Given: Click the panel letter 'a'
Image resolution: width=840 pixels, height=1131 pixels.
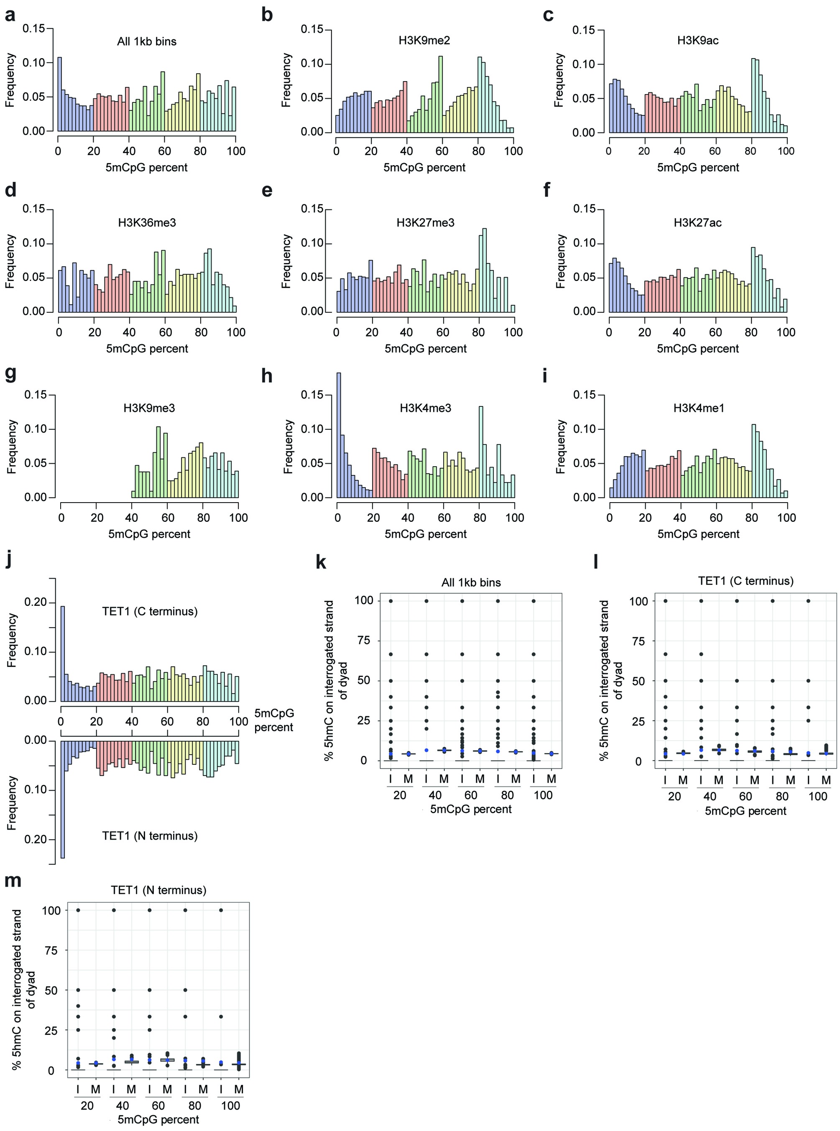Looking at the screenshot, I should tap(10, 15).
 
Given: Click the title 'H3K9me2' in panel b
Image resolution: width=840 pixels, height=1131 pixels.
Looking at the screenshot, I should tap(424, 41).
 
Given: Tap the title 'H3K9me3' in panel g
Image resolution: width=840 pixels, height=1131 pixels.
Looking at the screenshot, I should tap(149, 408).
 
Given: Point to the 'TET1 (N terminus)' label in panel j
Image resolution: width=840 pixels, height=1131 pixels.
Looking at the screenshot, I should tap(150, 835).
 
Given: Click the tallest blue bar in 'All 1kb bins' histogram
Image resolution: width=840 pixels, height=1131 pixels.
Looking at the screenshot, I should tap(59, 94).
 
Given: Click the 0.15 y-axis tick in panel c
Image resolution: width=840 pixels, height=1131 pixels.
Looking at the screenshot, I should tap(583, 30).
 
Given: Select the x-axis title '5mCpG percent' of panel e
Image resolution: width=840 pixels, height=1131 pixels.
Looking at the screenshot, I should tap(425, 349).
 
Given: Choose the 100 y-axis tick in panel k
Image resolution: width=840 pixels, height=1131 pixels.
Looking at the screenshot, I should tap(364, 600).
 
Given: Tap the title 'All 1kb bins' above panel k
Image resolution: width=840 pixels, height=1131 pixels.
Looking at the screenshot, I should tap(471, 583).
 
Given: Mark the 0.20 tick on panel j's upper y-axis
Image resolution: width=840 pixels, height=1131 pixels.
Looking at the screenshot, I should tap(36, 603).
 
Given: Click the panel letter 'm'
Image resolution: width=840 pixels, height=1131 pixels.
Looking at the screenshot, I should tap(13, 880).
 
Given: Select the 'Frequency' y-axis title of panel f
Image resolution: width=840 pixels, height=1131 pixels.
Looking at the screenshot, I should tap(560, 261).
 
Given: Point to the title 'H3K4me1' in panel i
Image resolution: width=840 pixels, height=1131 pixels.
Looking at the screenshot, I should tap(698, 408).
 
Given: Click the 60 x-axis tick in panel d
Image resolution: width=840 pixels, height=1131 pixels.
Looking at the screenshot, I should tap(165, 332).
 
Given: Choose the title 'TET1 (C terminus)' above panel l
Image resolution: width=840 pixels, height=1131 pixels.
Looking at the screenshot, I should tap(746, 581).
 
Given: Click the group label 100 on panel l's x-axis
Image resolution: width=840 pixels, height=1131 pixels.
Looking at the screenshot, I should tap(817, 797).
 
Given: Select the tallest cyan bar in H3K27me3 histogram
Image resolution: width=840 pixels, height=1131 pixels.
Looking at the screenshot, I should tap(485, 270).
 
